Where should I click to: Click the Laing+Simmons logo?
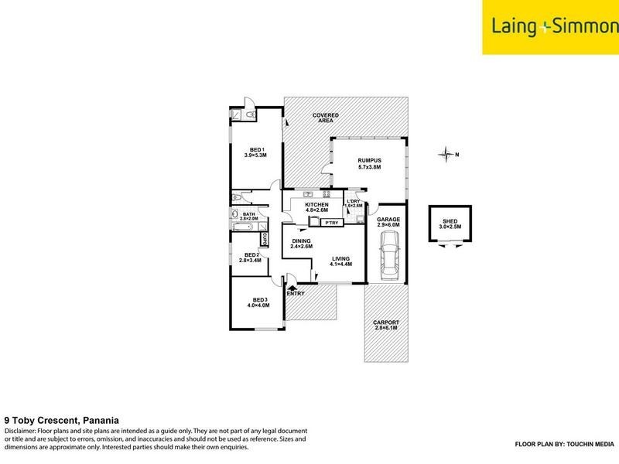[550, 27]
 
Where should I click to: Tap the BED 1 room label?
[255, 152]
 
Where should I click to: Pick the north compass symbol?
[446, 155]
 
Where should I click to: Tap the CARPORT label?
[385, 325]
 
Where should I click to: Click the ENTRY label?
[296, 294]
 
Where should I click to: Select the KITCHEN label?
[317, 206]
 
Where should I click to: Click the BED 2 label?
[251, 258]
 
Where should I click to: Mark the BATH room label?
[248, 217]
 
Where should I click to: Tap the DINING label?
[301, 243]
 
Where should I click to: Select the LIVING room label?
[341, 261]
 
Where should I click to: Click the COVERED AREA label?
[326, 118]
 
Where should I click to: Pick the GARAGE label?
[388, 223]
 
